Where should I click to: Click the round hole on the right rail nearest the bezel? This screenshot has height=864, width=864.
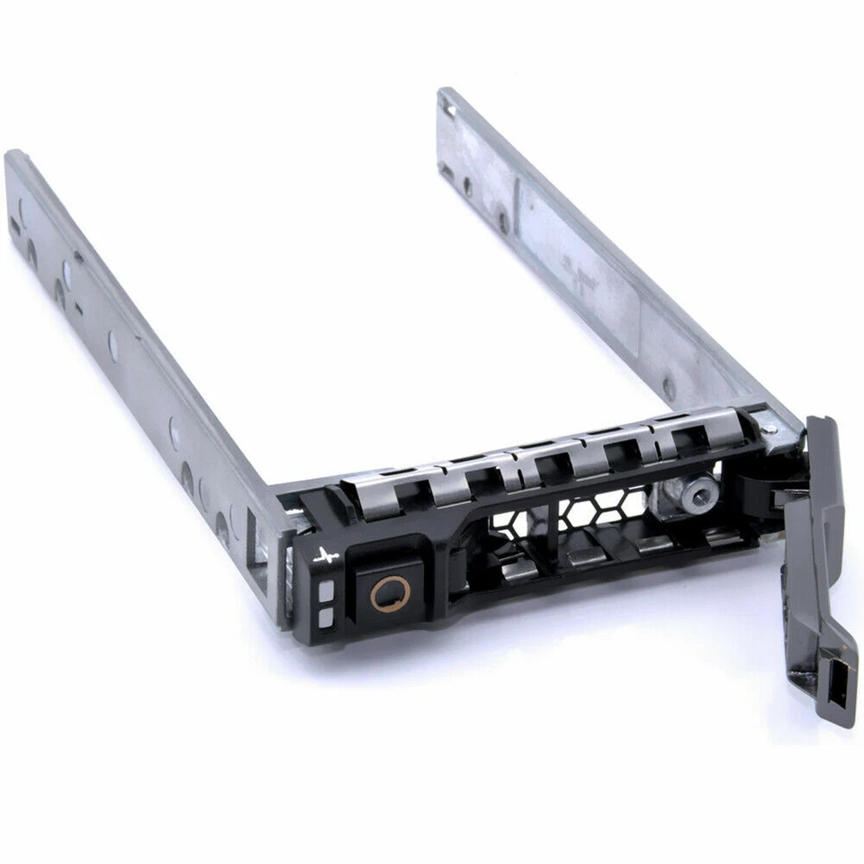(669, 389)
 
